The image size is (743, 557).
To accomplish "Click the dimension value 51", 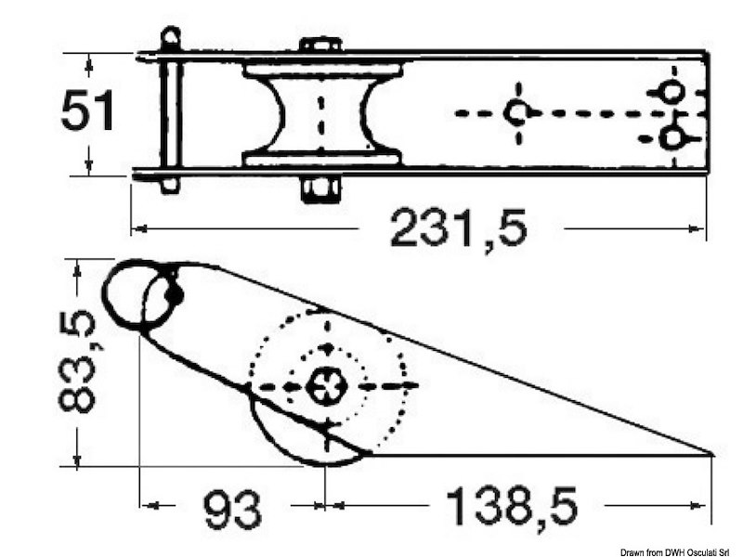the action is pyautogui.click(x=87, y=110).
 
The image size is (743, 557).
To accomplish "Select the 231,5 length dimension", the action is pyautogui.click(x=458, y=228).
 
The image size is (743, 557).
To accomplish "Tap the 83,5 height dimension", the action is pyautogui.click(x=78, y=361).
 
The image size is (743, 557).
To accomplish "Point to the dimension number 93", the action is pyautogui.click(x=233, y=508).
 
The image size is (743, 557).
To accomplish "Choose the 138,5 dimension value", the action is pyautogui.click(x=512, y=506).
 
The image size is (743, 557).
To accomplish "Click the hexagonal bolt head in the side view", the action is pyautogui.click(x=328, y=386).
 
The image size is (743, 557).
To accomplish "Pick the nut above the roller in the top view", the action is pyautogui.click(x=321, y=45).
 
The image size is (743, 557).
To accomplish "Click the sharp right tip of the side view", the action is pyautogui.click(x=712, y=454).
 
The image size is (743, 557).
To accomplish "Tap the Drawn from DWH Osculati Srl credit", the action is pyautogui.click(x=681, y=551).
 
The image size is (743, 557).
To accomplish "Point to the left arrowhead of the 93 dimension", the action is pyautogui.click(x=150, y=505).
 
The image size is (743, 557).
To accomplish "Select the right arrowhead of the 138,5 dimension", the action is pyautogui.click(x=701, y=505).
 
